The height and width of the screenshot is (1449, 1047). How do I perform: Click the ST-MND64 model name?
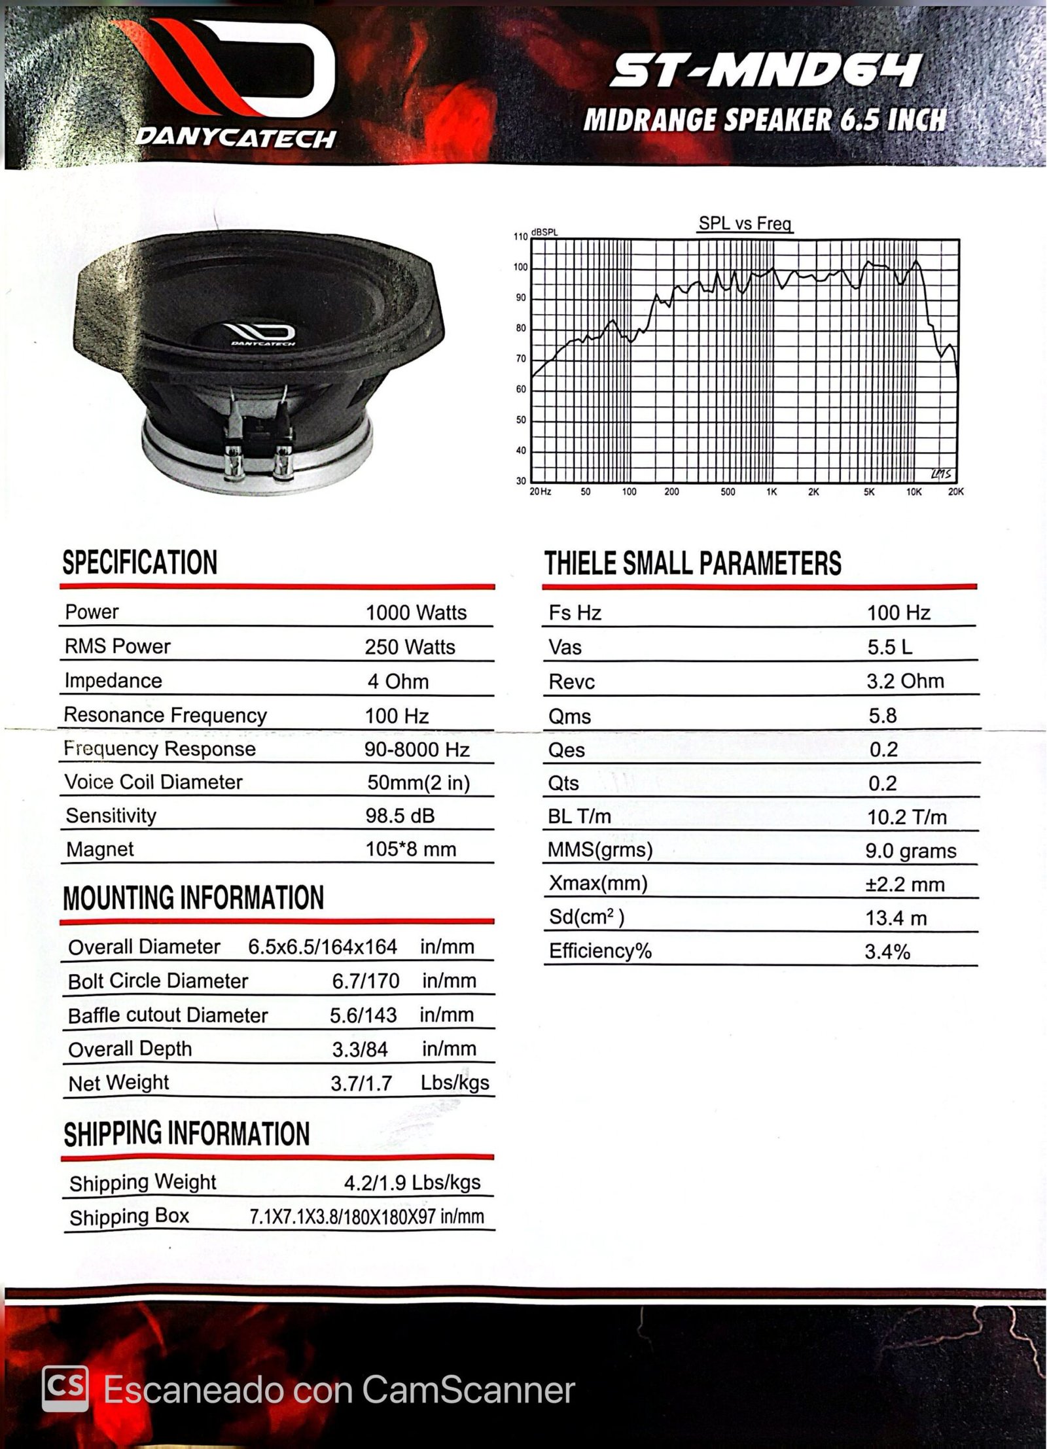(766, 70)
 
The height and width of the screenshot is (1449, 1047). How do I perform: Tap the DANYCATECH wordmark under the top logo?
(236, 139)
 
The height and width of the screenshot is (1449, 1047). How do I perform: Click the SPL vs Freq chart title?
(745, 224)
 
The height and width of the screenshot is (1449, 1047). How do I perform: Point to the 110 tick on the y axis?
(520, 237)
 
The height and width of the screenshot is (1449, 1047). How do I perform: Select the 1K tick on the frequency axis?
(772, 492)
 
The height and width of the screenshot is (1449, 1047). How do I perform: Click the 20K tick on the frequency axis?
(956, 492)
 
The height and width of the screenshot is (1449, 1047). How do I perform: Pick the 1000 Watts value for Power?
(416, 613)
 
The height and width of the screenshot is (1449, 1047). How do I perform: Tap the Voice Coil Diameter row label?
(154, 782)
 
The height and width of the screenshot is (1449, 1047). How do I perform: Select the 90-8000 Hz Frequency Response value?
(417, 750)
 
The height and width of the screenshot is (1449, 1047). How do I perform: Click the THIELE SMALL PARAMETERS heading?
(693, 564)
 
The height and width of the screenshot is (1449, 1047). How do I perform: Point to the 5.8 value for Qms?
(882, 716)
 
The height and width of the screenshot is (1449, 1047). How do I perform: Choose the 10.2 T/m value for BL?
(906, 817)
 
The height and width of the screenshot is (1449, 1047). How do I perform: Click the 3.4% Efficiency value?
(887, 952)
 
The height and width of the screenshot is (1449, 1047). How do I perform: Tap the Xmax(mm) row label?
(598, 884)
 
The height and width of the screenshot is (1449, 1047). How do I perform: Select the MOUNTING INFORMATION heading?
(194, 898)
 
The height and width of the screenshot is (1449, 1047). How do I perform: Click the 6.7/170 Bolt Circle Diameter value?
(366, 981)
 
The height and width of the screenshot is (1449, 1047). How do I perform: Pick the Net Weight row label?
(118, 1083)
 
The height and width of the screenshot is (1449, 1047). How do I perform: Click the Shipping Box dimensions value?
(366, 1217)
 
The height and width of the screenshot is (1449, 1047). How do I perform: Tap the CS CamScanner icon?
(65, 1389)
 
